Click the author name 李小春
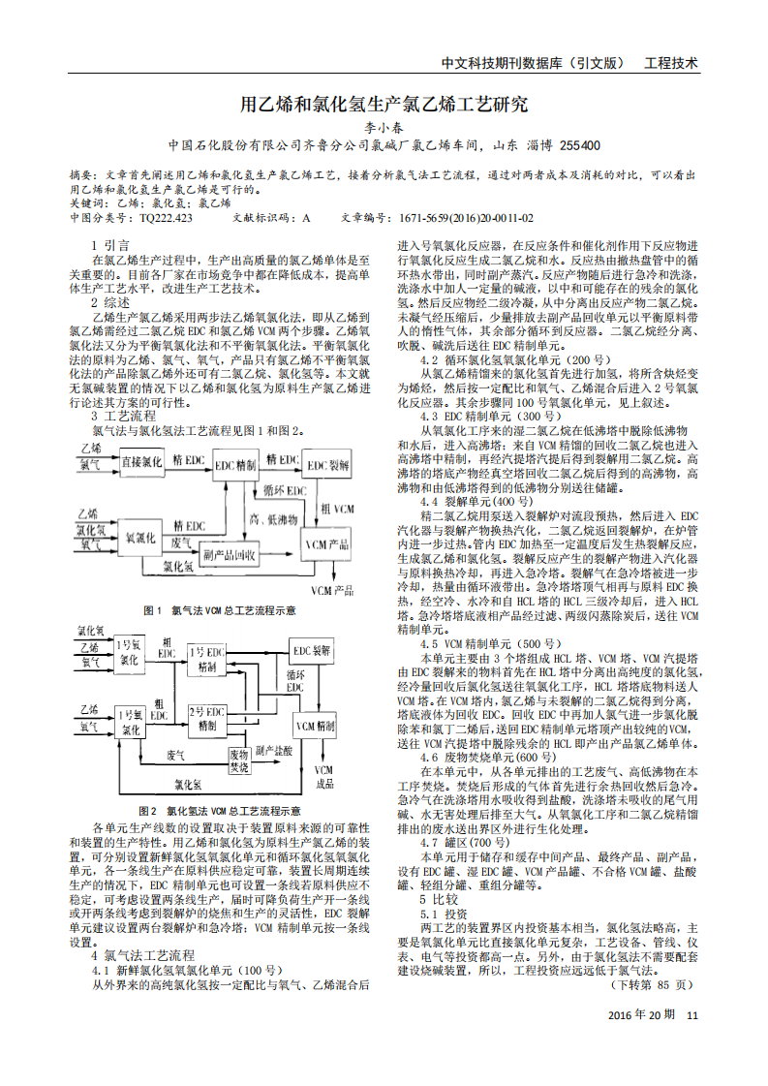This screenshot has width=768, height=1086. coord(384,126)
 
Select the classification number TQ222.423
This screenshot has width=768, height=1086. coord(166,219)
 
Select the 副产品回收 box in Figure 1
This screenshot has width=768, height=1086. coord(229,555)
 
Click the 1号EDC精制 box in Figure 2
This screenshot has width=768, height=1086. coord(207,658)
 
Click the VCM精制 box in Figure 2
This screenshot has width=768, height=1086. coord(316,725)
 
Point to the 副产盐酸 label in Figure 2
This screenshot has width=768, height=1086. coord(277,751)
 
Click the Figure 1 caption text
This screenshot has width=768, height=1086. coord(219,610)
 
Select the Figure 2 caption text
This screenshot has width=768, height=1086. coord(219,810)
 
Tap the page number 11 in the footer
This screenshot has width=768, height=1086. coord(691,1014)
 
